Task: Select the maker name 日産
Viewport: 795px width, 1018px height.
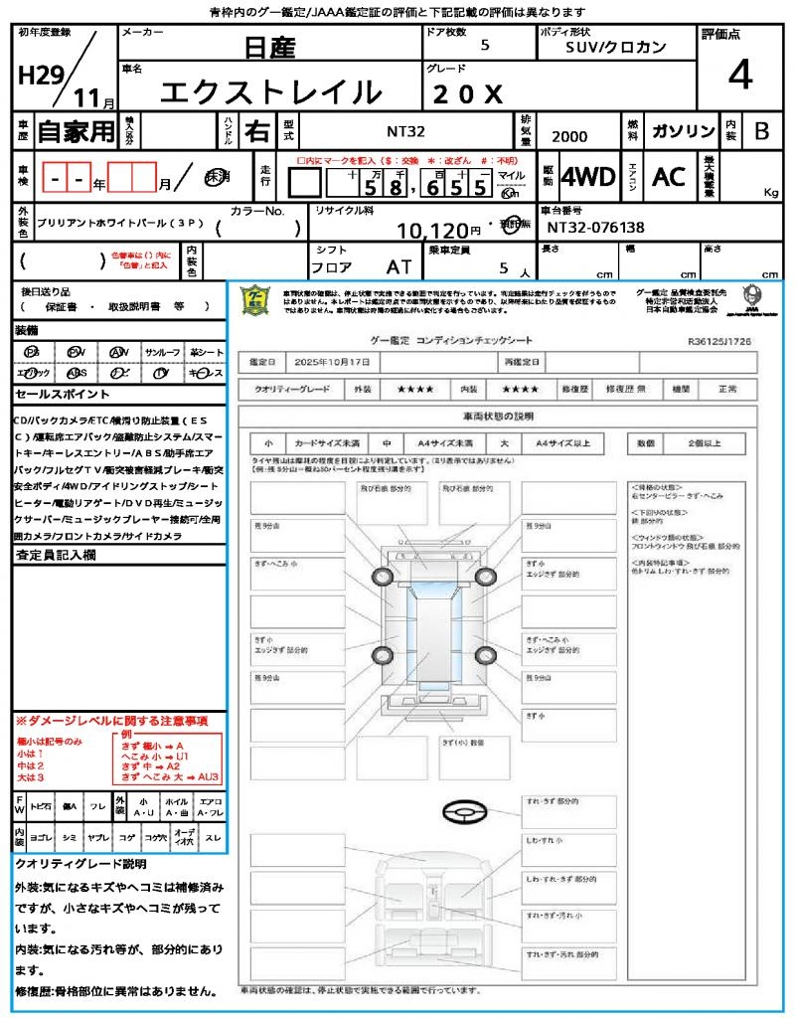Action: pos(270,47)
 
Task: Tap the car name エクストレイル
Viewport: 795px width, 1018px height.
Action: pos(270,92)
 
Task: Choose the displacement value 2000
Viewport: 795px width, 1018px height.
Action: pos(568,137)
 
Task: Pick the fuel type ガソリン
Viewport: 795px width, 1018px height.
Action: pos(683,131)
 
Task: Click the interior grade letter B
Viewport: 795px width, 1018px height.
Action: pos(761,131)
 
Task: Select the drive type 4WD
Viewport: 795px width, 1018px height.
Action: pos(587,177)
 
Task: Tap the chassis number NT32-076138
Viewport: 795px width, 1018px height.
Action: pos(595,228)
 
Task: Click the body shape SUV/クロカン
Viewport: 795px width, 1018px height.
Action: pos(615,47)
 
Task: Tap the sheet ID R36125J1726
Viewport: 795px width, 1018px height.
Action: pos(719,340)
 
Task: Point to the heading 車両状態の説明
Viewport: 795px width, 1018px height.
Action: pos(498,416)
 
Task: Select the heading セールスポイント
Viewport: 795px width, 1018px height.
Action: pos(52,395)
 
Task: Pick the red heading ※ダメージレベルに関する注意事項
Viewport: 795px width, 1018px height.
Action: pos(110,720)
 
